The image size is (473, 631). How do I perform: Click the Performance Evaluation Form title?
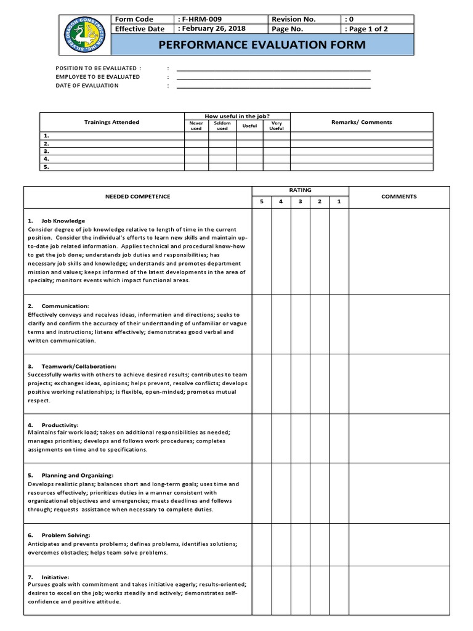click(x=262, y=45)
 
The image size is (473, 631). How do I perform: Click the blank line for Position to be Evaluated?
click(x=273, y=68)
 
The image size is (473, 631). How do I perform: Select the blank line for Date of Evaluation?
click(x=273, y=86)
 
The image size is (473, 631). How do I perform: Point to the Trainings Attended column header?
click(x=111, y=122)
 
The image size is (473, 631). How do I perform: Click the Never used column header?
click(x=196, y=126)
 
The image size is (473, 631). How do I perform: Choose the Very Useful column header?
click(x=277, y=126)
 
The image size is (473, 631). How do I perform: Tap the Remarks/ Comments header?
click(x=361, y=122)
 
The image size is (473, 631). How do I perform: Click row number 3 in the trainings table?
click(x=46, y=151)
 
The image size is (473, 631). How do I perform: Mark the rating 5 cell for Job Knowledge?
click(x=262, y=250)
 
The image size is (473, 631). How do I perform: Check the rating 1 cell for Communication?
click(x=339, y=323)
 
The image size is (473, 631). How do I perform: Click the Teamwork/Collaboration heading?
click(x=78, y=366)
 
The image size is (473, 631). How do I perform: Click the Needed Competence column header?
click(x=137, y=197)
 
